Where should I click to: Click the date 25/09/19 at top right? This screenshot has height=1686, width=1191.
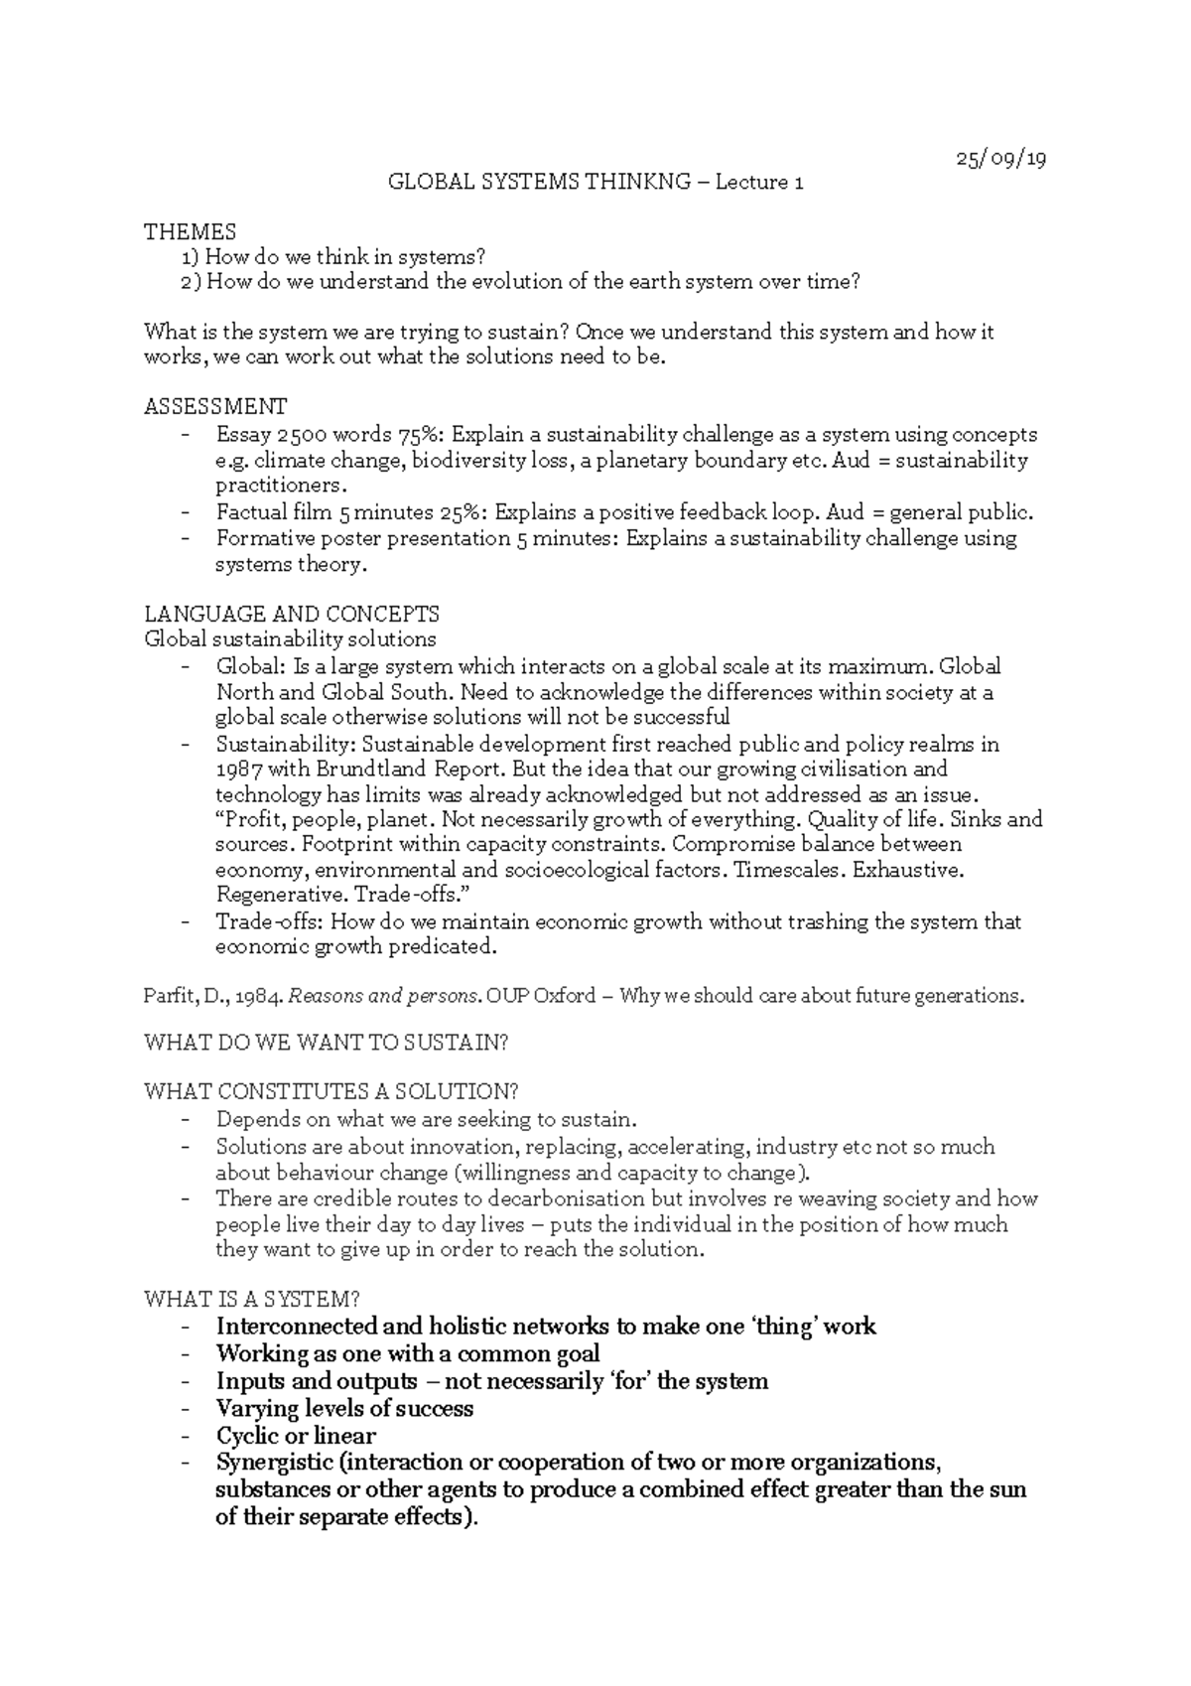(x=1000, y=159)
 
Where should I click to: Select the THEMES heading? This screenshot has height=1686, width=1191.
(x=190, y=232)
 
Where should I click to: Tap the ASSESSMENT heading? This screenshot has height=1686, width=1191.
(x=215, y=406)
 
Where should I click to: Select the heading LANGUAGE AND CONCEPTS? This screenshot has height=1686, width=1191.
(x=292, y=614)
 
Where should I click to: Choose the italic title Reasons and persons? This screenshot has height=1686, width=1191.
(x=371, y=996)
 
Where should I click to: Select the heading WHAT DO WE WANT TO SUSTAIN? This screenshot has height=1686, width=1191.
(x=327, y=1043)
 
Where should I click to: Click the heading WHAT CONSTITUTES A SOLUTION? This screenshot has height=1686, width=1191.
(x=331, y=1092)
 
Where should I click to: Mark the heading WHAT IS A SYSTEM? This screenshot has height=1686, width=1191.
(x=251, y=1299)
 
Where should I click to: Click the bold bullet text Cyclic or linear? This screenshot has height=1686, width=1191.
(x=296, y=1436)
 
